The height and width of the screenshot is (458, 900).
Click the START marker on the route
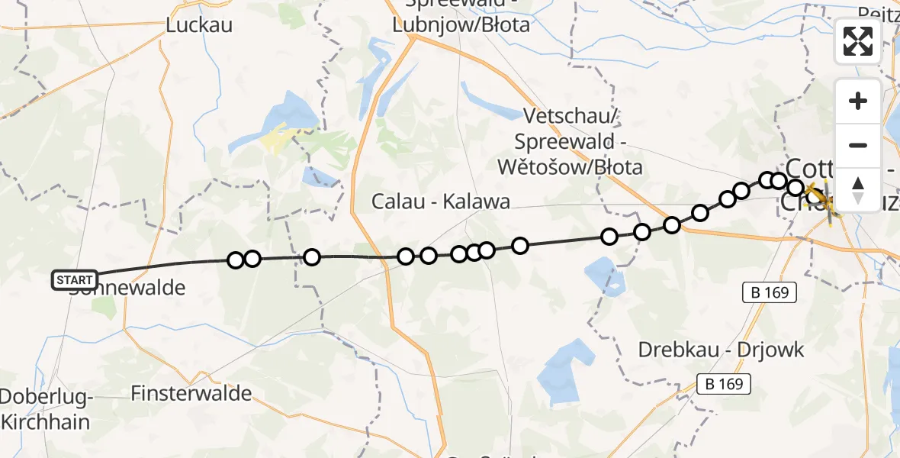coord(75,280)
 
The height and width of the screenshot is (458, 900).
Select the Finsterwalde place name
coord(191,393)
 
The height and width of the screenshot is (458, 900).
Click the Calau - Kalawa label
coord(441,202)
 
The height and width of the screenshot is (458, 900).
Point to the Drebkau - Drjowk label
coord(721,350)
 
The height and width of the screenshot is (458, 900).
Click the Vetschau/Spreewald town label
coord(578,141)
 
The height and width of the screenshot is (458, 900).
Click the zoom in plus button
coord(858,101)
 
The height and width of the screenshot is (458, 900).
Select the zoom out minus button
coord(858,145)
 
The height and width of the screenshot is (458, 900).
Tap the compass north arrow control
coord(858,189)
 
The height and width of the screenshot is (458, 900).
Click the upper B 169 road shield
coord(770,292)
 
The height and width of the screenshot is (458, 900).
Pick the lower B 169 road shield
coord(724,384)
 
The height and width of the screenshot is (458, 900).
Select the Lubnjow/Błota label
coord(461,25)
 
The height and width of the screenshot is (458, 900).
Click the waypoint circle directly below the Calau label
coord(429,255)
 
